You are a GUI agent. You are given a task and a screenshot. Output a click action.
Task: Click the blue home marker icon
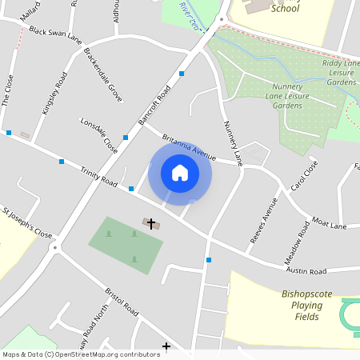pos(180,173)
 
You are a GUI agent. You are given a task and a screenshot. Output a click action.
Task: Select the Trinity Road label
pos(98,175)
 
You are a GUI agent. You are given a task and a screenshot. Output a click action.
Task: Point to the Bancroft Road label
pos(154,106)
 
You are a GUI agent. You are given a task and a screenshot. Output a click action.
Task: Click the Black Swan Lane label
pos(55,34)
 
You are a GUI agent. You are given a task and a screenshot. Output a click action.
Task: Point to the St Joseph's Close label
pos(26,224)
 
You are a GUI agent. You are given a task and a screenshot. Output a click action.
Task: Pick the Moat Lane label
pos(329,226)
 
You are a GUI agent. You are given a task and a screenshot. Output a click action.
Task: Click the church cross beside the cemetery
pos(150,223)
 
